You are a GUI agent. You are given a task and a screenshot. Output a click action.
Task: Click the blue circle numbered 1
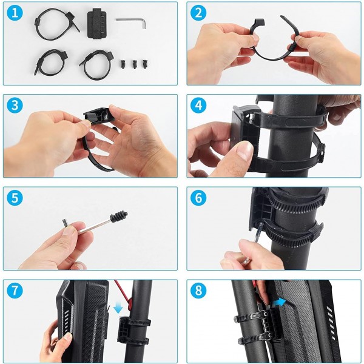[x=15, y=13]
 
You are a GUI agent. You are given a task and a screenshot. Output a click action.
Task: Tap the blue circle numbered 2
[x=198, y=13]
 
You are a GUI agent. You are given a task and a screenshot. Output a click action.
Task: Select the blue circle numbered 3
[x=15, y=105]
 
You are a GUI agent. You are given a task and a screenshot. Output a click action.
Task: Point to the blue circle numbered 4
[x=198, y=105]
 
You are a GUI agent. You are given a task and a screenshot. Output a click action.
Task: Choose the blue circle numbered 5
[x=15, y=198]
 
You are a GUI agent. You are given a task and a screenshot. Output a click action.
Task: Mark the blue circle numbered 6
[x=198, y=198]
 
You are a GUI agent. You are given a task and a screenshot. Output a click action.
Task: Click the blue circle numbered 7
[x=15, y=290]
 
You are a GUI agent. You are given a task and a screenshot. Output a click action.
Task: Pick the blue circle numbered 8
[x=198, y=290]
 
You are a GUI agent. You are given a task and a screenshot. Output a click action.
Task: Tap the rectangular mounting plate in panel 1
[x=97, y=23]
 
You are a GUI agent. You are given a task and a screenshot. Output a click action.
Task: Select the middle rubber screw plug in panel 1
[x=135, y=64]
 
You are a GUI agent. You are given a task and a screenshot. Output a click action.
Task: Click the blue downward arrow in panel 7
[x=118, y=308]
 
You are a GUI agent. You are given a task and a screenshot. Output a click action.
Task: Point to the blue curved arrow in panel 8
[x=280, y=302]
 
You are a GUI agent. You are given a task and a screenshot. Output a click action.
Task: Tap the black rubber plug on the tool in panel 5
[x=118, y=216]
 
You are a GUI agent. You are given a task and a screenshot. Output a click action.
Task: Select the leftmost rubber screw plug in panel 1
[x=123, y=64]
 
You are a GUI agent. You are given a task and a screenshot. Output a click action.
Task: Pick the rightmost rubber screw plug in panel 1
[x=145, y=64]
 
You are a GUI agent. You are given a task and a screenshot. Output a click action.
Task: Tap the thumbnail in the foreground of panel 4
[x=244, y=150]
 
